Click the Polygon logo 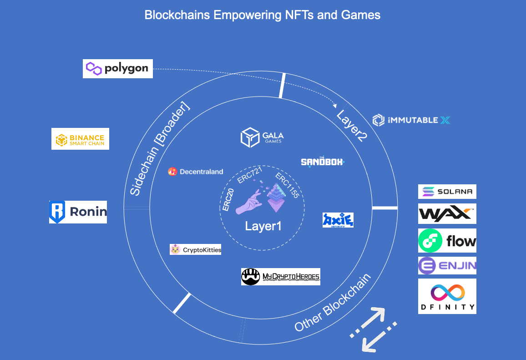pos(117,69)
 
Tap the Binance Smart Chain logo pos(80,139)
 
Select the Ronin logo pos(78,212)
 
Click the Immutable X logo pos(411,121)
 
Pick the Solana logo pos(447,192)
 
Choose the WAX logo pos(447,214)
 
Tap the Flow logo pos(447,241)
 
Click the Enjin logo pos(447,266)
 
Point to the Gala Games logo pos(262,137)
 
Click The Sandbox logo pos(323,162)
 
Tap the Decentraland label pos(196,172)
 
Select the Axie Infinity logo pos(338,220)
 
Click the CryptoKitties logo pos(195,249)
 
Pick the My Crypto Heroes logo pos(280,276)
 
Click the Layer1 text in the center pos(263,226)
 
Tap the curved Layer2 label pos(351,125)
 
